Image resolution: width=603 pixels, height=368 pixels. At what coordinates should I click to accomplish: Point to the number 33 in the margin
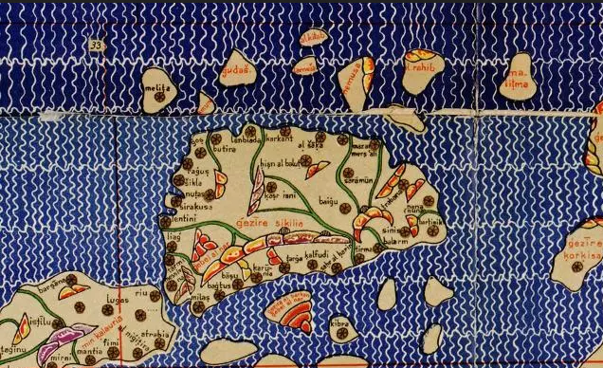pyautogui.click(x=96, y=45)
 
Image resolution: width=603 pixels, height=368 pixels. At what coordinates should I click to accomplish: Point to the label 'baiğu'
pyautogui.click(x=329, y=201)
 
